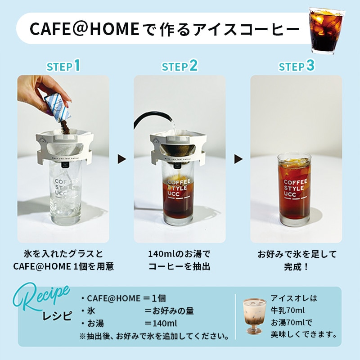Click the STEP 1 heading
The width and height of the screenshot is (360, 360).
[63, 66]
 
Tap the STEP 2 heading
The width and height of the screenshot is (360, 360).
[180, 66]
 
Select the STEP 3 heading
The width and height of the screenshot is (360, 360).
[297, 66]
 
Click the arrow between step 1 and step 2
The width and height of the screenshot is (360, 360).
[121, 159]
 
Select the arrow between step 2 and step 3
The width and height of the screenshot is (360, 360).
[238, 159]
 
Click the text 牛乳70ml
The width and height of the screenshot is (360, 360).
[288, 310]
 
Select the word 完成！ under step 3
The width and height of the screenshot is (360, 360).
[297, 266]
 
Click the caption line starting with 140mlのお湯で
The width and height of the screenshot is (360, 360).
[179, 254]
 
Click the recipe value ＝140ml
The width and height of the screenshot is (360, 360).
[160, 324]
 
